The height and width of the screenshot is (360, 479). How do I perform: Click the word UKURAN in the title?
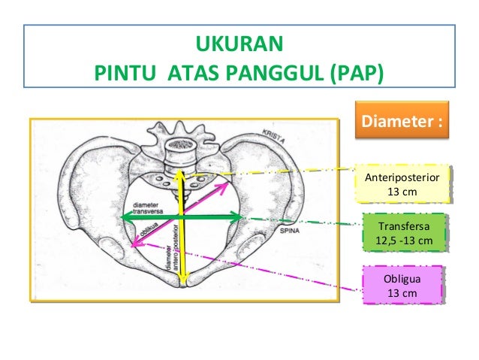pyautogui.click(x=239, y=42)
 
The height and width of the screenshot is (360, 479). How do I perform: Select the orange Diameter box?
pyautogui.click(x=400, y=121)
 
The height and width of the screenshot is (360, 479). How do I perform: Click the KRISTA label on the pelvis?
pyautogui.click(x=275, y=134)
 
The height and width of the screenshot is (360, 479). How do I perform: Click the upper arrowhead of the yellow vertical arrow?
pyautogui.click(x=181, y=174)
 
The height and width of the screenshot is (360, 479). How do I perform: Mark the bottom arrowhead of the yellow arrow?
pyautogui.click(x=182, y=282)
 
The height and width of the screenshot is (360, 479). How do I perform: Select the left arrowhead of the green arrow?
pyautogui.click(x=125, y=217)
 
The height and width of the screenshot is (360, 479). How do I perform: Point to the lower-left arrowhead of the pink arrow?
pyautogui.click(x=135, y=242)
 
